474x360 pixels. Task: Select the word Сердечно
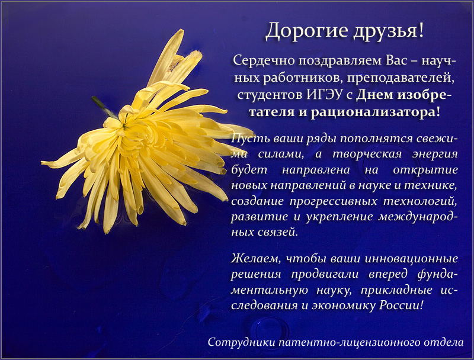[x=264, y=62]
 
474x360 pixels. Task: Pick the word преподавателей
[x=401, y=79]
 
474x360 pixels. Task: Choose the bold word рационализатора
[x=374, y=112]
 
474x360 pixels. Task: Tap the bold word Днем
[x=374, y=95]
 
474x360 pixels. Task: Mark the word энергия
[x=435, y=155]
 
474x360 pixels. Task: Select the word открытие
[x=425, y=170]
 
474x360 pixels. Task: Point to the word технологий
[x=419, y=201]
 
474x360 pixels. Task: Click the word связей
[x=278, y=232]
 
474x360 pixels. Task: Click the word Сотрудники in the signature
[x=241, y=342]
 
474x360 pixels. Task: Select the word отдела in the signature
[x=443, y=343]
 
